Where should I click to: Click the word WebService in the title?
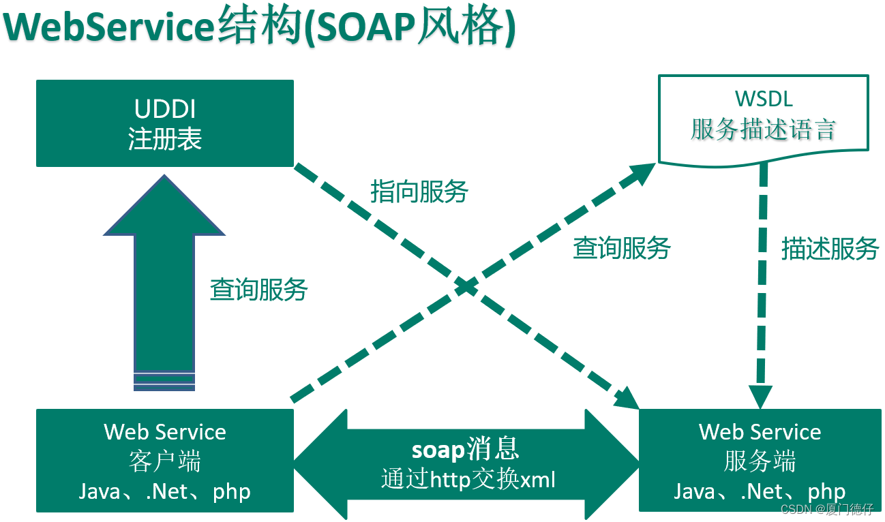[109, 27]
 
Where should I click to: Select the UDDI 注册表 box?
[164, 123]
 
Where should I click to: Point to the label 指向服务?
[419, 191]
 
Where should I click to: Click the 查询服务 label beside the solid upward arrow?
[258, 290]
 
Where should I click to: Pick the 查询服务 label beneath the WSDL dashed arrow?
[621, 248]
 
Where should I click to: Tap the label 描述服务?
[829, 249]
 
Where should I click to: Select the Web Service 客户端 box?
[164, 461]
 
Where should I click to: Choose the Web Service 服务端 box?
[760, 461]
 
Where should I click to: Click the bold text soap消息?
[466, 450]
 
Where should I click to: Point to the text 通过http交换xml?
[468, 480]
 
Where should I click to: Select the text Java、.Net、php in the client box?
[164, 491]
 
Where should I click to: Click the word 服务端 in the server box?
[760, 462]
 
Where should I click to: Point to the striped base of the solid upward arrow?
[164, 382]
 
